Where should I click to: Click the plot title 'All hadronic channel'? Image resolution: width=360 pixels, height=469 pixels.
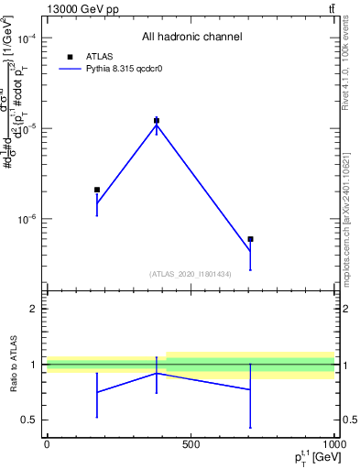pyautogui.click(x=191, y=37)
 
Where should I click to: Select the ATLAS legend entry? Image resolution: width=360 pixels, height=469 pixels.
pyautogui.click(x=101, y=56)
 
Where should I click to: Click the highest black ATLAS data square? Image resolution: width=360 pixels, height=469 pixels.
pyautogui.click(x=157, y=120)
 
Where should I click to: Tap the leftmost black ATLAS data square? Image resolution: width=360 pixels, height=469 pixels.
pyautogui.click(x=97, y=190)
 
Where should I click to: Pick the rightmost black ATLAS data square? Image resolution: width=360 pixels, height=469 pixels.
pyautogui.click(x=250, y=239)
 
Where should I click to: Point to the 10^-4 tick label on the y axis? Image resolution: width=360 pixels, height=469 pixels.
pyautogui.click(x=25, y=38)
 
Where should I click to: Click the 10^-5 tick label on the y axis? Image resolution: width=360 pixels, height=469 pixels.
pyautogui.click(x=25, y=129)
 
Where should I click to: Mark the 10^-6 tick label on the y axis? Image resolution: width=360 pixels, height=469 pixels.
pyautogui.click(x=25, y=220)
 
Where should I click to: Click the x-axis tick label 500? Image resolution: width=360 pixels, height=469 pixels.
pyautogui.click(x=191, y=444)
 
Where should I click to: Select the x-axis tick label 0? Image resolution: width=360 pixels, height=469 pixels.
pyautogui.click(x=46, y=444)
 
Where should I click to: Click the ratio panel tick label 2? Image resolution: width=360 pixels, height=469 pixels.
pyautogui.click(x=33, y=309)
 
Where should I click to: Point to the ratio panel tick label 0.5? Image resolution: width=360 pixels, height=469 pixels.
pyautogui.click(x=29, y=420)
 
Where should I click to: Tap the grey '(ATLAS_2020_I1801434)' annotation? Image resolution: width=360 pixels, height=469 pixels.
pyautogui.click(x=191, y=274)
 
